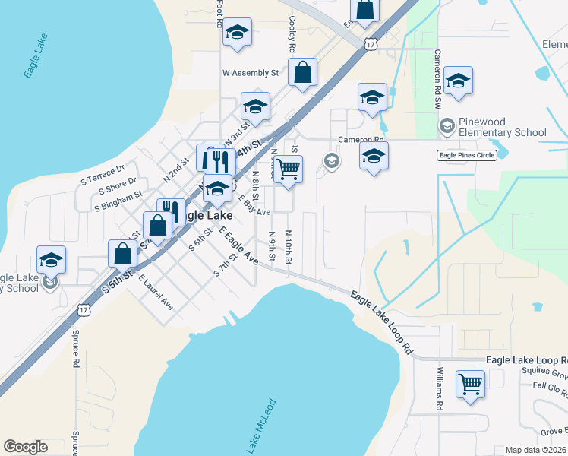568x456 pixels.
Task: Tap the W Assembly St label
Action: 250,74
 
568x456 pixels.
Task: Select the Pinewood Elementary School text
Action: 502,127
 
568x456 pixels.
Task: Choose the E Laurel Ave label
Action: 156,293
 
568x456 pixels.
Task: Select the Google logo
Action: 25,447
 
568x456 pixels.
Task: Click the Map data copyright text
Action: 536,450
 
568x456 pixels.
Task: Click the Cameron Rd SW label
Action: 437,80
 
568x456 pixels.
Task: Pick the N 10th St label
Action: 288,247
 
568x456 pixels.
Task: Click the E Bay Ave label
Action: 254,205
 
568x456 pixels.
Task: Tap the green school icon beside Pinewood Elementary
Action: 447,125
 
